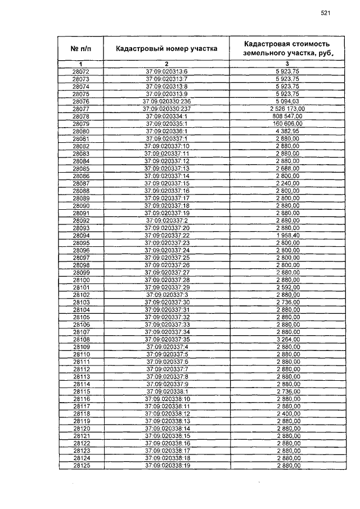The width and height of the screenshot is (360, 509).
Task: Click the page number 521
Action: (x=325, y=13)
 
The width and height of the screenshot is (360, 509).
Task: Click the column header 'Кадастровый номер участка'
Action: (x=166, y=49)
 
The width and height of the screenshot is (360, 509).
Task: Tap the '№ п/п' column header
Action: (x=80, y=49)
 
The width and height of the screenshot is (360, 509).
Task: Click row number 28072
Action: (x=81, y=72)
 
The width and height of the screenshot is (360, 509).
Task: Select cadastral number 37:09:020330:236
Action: (x=166, y=101)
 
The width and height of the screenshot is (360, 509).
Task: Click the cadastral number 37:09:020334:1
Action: (x=166, y=116)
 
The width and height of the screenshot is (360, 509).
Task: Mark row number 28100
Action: (x=81, y=280)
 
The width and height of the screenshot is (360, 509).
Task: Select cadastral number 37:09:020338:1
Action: (x=166, y=391)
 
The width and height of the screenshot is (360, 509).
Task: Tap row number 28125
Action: (x=81, y=466)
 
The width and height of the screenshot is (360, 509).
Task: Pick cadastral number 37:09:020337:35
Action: (x=166, y=340)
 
